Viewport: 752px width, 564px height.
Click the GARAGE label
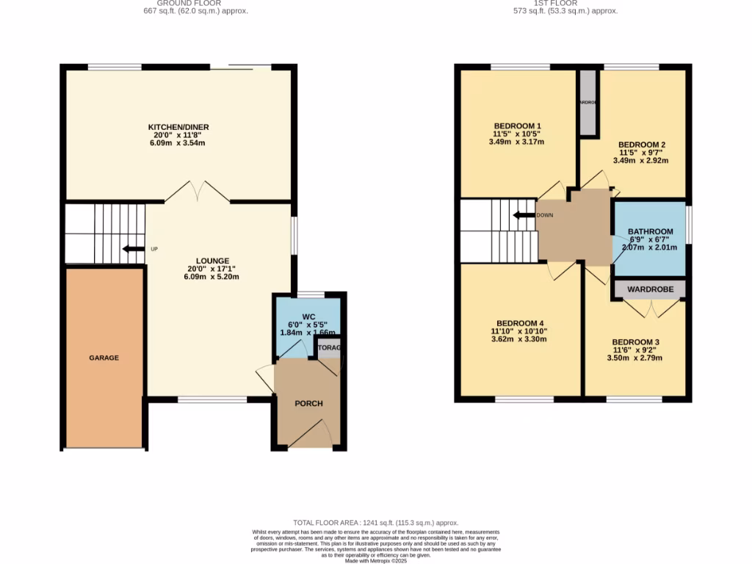104,358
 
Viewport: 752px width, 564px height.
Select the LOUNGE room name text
212,261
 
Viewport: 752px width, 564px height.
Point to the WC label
308,317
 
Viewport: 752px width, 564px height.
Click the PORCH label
308,403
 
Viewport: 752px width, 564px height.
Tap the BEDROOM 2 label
642,145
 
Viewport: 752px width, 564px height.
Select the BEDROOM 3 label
636,342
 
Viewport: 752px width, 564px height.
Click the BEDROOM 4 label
520,323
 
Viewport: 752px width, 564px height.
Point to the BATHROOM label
650,232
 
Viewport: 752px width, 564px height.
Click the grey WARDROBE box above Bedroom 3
650,289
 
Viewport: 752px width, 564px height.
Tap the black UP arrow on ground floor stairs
134,249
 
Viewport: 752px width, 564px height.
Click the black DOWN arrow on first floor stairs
524,215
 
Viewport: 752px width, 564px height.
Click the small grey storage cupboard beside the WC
330,348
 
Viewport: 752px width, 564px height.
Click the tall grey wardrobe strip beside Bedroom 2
588,103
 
